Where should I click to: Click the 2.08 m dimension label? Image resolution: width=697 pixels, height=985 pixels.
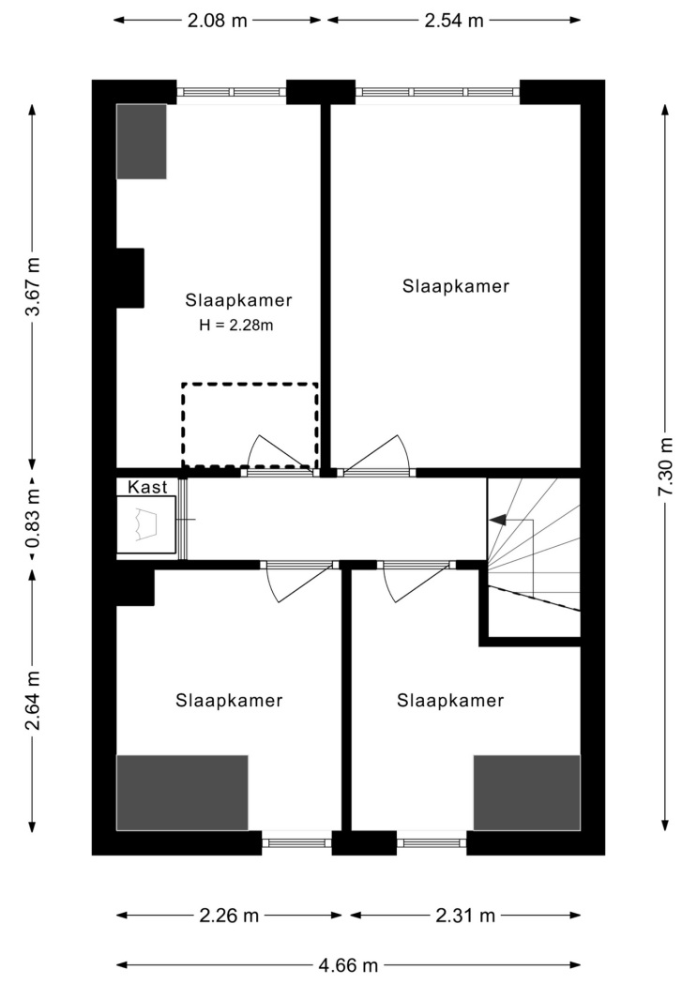click(x=218, y=21)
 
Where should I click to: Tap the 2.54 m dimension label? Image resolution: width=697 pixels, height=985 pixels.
click(x=454, y=21)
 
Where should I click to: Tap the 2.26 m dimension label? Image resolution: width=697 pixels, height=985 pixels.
click(x=229, y=916)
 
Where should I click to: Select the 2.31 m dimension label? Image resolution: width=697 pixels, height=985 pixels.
click(x=465, y=916)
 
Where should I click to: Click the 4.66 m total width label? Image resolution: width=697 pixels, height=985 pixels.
click(x=348, y=964)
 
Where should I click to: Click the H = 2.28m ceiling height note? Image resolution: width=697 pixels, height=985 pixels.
click(x=236, y=326)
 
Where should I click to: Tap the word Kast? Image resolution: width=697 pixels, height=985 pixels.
click(x=147, y=487)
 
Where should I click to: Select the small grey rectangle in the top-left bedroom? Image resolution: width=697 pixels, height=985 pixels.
click(x=142, y=142)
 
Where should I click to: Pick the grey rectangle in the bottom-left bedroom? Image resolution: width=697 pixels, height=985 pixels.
click(x=182, y=793)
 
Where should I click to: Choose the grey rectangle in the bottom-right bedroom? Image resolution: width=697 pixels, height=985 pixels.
click(x=527, y=793)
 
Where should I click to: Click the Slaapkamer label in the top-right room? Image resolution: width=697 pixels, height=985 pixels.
click(x=456, y=286)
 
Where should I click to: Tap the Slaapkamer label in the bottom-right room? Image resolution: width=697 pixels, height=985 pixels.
click(x=450, y=701)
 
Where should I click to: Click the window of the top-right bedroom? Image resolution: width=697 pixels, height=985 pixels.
click(x=438, y=92)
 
